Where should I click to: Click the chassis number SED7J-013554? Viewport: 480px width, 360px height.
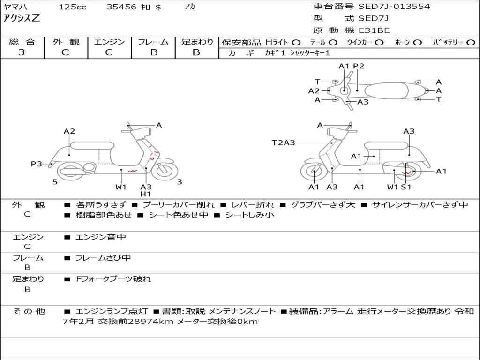(394, 6)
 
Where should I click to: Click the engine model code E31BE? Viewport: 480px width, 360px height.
(374, 30)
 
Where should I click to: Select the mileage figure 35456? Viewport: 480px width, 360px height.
(121, 7)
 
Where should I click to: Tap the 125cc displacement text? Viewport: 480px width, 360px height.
(73, 7)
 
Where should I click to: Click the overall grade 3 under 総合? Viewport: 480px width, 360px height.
(22, 52)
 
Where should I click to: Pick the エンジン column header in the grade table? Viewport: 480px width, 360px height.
(109, 42)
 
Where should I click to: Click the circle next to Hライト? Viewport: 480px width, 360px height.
(296, 43)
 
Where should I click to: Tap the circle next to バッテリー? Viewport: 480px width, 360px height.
(471, 43)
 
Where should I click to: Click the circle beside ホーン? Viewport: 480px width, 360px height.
(417, 43)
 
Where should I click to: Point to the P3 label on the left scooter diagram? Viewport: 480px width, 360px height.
(37, 164)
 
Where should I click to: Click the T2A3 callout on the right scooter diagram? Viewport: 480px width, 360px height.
(284, 142)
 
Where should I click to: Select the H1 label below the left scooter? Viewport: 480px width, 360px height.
(146, 194)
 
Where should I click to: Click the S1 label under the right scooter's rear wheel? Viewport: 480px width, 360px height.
(406, 187)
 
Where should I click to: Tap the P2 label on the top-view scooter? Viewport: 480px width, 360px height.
(359, 66)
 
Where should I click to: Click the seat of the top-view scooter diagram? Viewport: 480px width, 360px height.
(386, 91)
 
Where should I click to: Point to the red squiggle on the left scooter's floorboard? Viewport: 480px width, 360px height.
(133, 171)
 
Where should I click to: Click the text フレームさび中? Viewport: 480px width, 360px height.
(103, 258)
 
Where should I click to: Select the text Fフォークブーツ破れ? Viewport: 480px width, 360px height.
(113, 279)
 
